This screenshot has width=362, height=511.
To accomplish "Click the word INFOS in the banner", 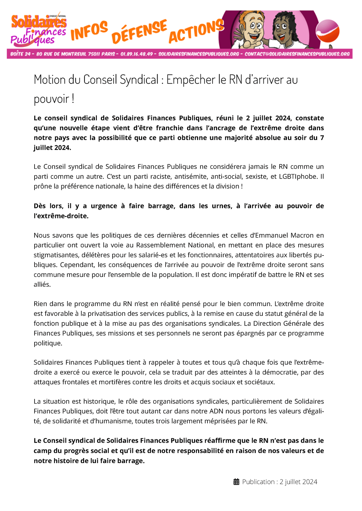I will pyautogui.click(x=89, y=31).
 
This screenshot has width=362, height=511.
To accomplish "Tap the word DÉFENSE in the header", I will pyautogui.click(x=139, y=31).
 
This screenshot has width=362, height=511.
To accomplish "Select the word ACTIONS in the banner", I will pyautogui.click(x=196, y=31).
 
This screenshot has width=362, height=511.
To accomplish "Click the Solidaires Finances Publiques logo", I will pyautogui.click(x=39, y=30).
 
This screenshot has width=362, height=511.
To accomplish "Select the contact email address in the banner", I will pyautogui.click(x=297, y=54).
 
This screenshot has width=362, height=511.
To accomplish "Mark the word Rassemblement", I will pyautogui.click(x=157, y=245).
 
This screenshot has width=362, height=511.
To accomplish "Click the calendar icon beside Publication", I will pyautogui.click(x=236, y=482).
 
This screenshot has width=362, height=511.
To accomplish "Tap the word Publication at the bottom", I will pyautogui.click(x=258, y=482).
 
